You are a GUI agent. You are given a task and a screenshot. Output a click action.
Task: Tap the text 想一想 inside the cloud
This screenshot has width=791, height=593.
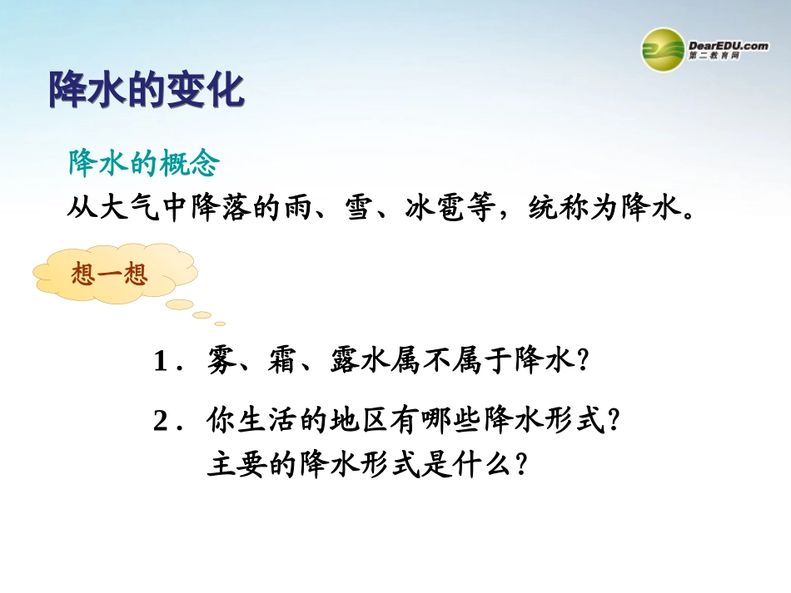109,275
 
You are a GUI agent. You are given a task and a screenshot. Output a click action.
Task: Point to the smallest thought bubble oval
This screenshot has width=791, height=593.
220,324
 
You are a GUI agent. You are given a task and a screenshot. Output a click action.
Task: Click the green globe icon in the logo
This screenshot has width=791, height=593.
663,49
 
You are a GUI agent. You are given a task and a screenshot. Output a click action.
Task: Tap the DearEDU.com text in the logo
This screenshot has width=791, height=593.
729,45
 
